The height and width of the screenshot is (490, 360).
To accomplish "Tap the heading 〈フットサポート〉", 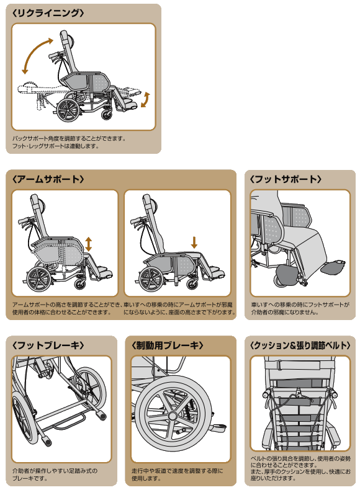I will click(286, 179).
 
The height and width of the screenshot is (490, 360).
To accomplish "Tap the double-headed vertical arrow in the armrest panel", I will click(89, 243).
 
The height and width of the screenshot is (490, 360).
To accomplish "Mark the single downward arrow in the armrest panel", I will click(194, 242).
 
